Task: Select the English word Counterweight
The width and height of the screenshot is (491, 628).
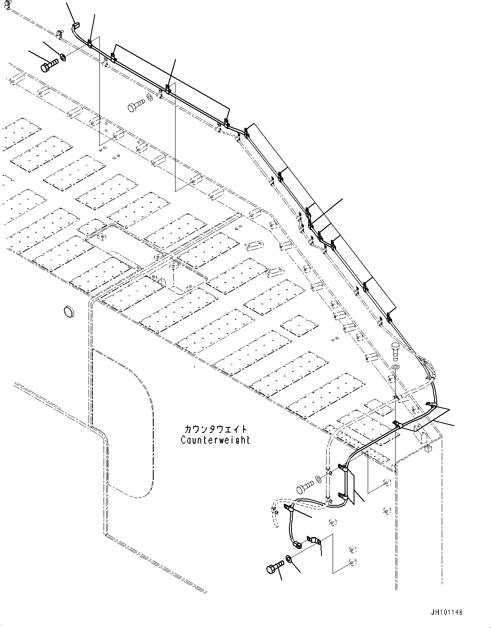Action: coord(215,440)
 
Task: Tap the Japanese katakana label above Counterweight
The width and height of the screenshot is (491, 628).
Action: coord(215,429)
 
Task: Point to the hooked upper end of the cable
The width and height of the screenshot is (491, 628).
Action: coord(74,27)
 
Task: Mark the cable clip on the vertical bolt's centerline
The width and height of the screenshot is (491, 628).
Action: coord(396,424)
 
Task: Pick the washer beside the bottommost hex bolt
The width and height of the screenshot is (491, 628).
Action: coord(288,559)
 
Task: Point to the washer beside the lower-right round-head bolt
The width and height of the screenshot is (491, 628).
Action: coord(318,478)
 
